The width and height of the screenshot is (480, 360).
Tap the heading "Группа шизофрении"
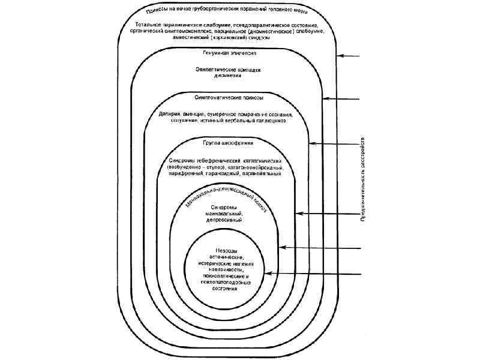[x=228, y=143]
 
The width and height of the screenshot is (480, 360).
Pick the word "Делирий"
[x=163, y=114]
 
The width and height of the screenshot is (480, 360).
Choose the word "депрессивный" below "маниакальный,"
[x=224, y=220]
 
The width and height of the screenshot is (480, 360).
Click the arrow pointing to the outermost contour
[x=349, y=57]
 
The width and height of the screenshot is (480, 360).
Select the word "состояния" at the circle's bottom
[x=224, y=287]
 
